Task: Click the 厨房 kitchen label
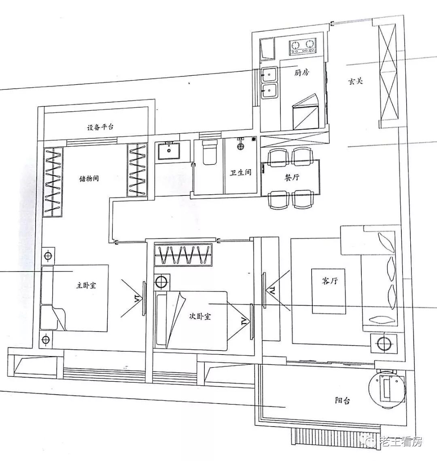click(x=301, y=72)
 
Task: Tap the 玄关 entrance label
click(x=356, y=81)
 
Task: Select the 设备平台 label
click(x=100, y=127)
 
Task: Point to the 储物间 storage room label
click(x=89, y=178)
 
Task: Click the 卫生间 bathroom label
click(x=241, y=172)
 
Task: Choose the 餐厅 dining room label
click(x=292, y=177)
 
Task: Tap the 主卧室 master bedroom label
click(x=86, y=285)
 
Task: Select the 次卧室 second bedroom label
click(x=200, y=317)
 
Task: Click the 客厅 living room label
click(x=329, y=281)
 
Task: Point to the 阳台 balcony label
click(x=342, y=400)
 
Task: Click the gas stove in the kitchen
click(x=303, y=47)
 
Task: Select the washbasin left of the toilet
click(x=169, y=151)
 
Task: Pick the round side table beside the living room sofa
click(x=384, y=343)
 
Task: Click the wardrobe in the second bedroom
click(x=183, y=255)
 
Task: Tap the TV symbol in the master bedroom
click(x=144, y=299)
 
